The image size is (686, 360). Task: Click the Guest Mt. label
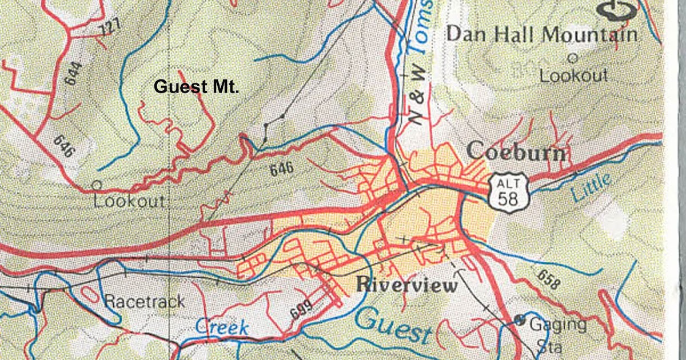pos(196,87)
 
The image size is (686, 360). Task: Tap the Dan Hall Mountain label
pos(541,34)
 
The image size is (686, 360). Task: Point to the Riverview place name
pos(406,285)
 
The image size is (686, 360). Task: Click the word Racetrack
pos(144,301)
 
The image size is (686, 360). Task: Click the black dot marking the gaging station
pos(519,320)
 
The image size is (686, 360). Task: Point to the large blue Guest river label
pos(394,326)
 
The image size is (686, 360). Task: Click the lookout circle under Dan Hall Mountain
pos(572,58)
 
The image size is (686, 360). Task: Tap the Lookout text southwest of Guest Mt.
pos(129,202)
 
